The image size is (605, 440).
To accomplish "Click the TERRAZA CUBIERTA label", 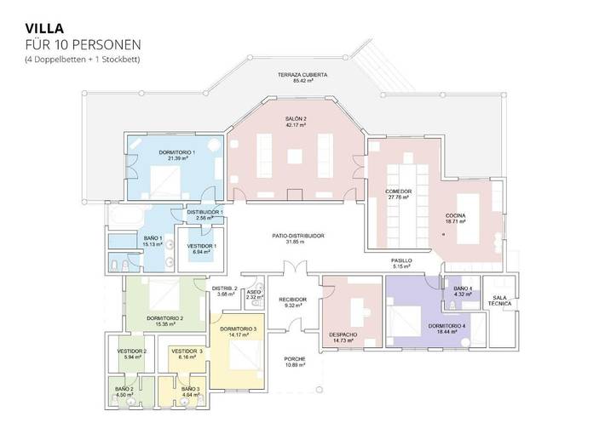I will pyautogui.click(x=302, y=75).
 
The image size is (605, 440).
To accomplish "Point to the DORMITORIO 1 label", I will pyautogui.click(x=176, y=151).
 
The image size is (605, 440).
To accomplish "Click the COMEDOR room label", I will pyautogui.click(x=398, y=191).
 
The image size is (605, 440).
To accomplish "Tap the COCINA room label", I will pyautogui.click(x=454, y=216).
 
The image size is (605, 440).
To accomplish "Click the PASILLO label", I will pyautogui.click(x=401, y=260).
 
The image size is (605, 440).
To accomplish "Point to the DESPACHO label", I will pyautogui.click(x=343, y=334).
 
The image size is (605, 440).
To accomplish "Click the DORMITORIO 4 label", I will pyautogui.click(x=447, y=326).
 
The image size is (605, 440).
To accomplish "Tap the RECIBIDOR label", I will pyautogui.click(x=292, y=300).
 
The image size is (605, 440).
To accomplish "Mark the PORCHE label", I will pyautogui.click(x=295, y=359).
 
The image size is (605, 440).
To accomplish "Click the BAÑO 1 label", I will pyautogui.click(x=153, y=238).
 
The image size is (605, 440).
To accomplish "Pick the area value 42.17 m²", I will pyautogui.click(x=297, y=125).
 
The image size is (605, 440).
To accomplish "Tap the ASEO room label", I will pyautogui.click(x=253, y=291).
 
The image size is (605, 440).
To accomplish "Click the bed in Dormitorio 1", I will pyautogui.click(x=164, y=180).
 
